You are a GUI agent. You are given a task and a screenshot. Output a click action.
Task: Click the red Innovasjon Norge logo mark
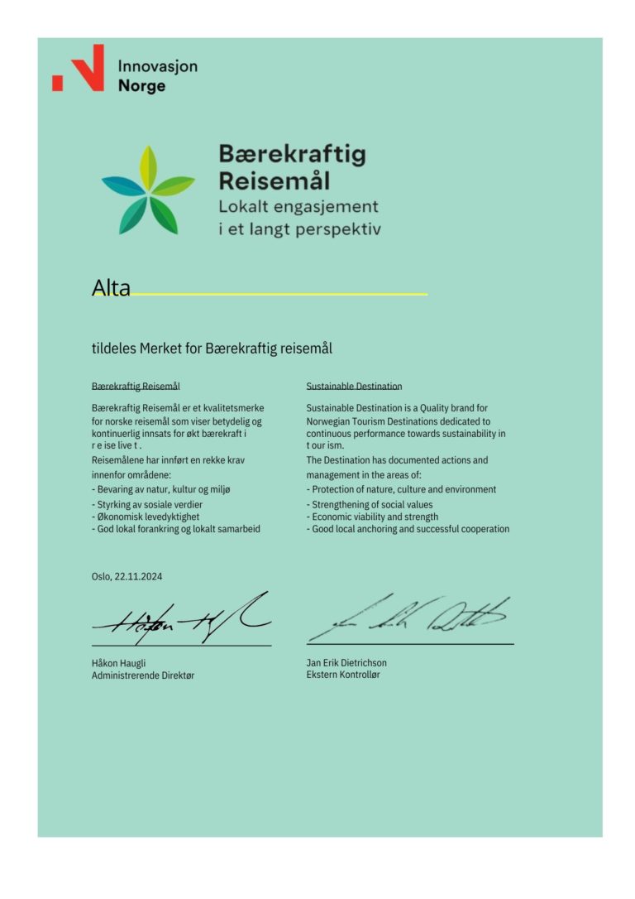(x=79, y=68)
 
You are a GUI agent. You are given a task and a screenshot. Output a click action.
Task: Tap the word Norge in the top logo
(x=141, y=86)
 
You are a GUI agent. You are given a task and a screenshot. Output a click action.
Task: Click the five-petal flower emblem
(x=148, y=190)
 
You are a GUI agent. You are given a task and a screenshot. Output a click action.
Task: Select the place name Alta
(x=111, y=288)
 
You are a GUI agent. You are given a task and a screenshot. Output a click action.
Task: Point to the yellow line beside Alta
(x=281, y=294)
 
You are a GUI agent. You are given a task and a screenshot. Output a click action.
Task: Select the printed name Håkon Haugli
(x=119, y=663)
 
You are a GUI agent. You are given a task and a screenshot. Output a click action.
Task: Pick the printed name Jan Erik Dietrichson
(x=346, y=662)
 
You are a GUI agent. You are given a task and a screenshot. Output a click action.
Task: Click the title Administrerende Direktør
(x=143, y=675)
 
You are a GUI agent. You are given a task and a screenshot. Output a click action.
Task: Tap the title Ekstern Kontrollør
(x=343, y=675)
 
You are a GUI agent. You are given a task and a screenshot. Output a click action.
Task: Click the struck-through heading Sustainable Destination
(x=354, y=387)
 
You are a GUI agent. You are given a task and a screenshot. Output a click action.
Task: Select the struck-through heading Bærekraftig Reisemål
(x=136, y=387)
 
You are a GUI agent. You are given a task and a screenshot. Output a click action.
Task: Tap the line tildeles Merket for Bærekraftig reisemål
(x=212, y=349)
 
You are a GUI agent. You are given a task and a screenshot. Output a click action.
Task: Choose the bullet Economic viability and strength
(x=372, y=517)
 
